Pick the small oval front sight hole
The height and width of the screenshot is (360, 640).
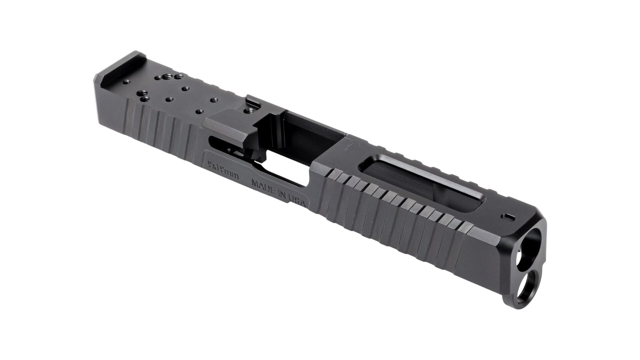click(x=507, y=217)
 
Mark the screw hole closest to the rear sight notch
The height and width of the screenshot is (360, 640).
click(x=127, y=82)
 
